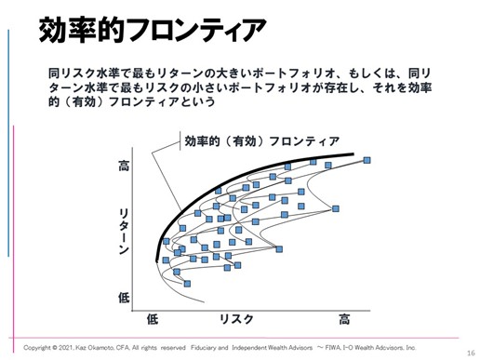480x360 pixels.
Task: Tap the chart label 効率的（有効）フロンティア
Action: click(x=261, y=141)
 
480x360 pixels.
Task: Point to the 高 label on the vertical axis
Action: click(x=125, y=167)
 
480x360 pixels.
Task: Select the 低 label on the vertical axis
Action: click(x=125, y=298)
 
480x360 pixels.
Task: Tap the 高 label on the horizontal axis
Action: click(x=344, y=320)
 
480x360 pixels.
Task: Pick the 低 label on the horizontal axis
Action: click(x=153, y=320)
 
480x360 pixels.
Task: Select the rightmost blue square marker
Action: click(x=368, y=161)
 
